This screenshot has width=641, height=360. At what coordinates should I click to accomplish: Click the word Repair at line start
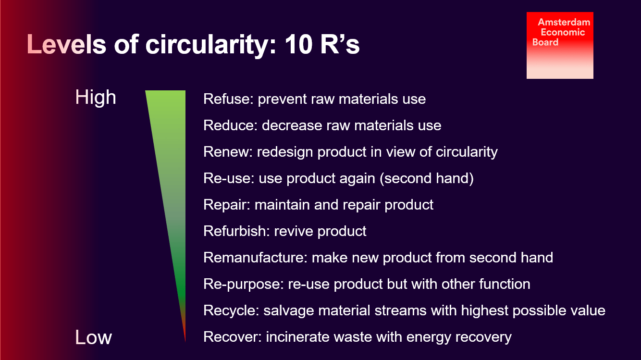point(227,205)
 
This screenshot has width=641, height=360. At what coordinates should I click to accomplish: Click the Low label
point(94,337)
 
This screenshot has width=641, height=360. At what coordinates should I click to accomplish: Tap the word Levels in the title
point(66,44)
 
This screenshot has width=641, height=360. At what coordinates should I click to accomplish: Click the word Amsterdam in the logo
point(564,22)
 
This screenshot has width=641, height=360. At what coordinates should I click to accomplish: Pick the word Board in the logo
point(545,42)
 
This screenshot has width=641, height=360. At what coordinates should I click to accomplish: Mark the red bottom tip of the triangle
point(185,341)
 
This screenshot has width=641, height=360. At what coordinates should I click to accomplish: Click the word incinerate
point(297,337)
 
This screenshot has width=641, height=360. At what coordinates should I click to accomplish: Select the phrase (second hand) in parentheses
point(426,178)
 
